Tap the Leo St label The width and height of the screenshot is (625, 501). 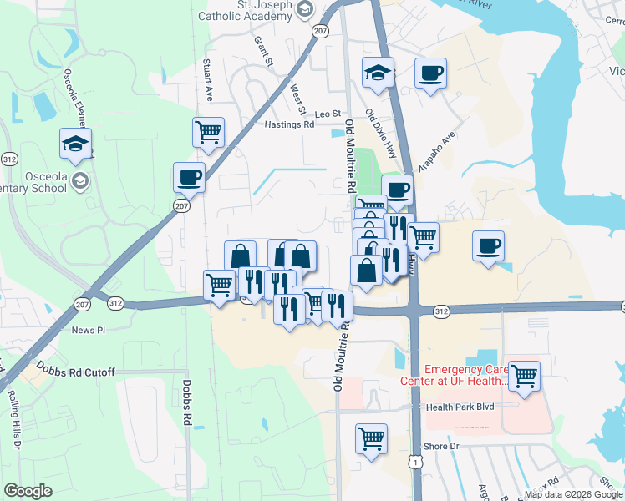[328, 114]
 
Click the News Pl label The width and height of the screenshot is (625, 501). [89, 330]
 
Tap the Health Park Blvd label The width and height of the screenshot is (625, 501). [460, 407]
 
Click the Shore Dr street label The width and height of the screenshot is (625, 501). [441, 447]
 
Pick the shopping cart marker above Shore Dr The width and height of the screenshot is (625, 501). [371, 438]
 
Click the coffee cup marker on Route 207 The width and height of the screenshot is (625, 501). [188, 177]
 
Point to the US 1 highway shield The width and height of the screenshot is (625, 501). [414, 461]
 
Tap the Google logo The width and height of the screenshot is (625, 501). [28, 491]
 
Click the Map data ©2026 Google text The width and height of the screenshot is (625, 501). [573, 494]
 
